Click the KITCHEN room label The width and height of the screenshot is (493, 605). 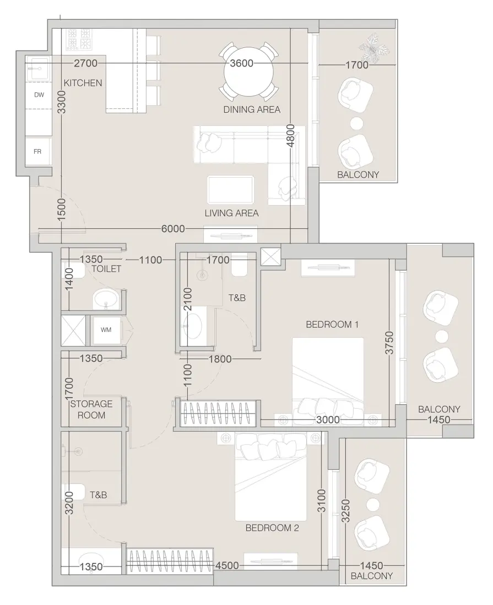[83, 83]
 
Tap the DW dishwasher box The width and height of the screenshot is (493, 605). [39, 95]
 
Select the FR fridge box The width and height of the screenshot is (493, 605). [38, 151]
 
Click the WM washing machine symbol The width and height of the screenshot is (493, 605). [106, 330]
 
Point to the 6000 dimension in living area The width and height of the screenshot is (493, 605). [174, 229]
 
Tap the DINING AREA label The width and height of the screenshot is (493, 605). [252, 109]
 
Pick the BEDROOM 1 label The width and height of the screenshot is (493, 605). [332, 324]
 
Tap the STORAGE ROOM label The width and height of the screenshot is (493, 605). [91, 409]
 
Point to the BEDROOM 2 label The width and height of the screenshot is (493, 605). [272, 528]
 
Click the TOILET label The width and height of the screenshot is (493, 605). [106, 269]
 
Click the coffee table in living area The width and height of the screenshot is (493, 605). [231, 190]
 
